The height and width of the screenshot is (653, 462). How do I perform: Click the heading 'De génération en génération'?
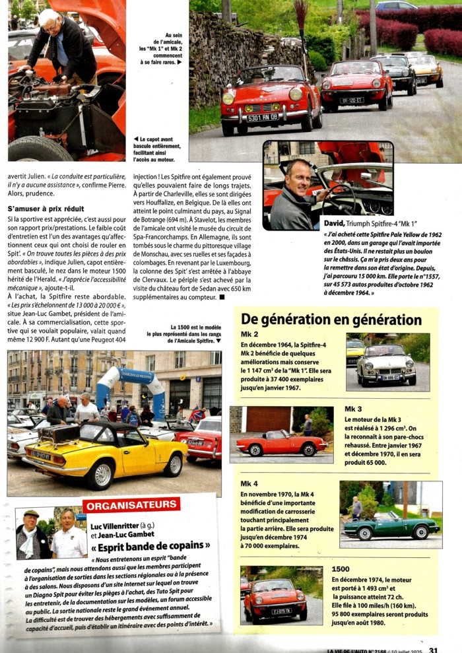[331, 320]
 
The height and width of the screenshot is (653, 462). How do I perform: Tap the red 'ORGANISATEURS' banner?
[131, 505]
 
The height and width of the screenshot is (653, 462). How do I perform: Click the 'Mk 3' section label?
[353, 409]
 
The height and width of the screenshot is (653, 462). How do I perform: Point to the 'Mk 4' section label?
[249, 483]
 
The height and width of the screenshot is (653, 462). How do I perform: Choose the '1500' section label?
[341, 568]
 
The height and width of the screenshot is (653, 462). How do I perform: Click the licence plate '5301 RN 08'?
[263, 117]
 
